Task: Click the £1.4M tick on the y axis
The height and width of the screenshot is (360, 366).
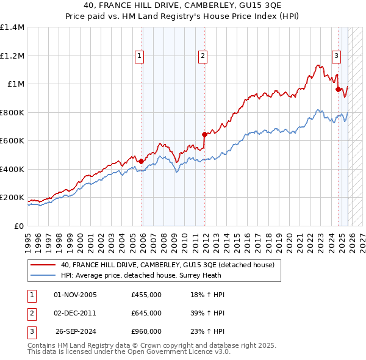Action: [x=12, y=27]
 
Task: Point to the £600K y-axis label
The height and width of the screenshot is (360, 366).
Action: [x=12, y=140]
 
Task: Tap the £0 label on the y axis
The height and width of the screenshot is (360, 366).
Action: [x=18, y=226]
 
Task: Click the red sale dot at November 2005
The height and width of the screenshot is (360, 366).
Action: [x=141, y=162]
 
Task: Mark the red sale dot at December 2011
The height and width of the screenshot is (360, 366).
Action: [x=204, y=135]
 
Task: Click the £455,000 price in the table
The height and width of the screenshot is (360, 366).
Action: [x=146, y=295]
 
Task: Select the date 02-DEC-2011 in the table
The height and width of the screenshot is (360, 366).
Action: [x=76, y=313]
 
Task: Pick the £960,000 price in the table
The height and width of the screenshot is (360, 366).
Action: [x=146, y=331]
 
